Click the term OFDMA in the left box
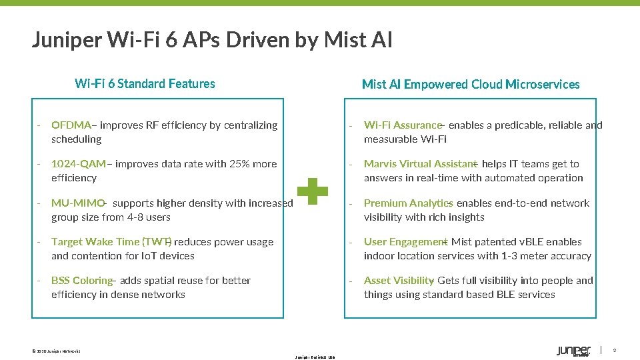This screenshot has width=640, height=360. [x=71, y=125]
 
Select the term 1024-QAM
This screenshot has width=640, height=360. [x=79, y=164]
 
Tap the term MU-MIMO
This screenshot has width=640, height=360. [x=78, y=203]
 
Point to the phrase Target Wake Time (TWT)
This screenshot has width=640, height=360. [x=111, y=242]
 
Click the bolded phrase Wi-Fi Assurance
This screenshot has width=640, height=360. [x=403, y=125]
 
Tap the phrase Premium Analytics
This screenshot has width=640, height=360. [x=408, y=203]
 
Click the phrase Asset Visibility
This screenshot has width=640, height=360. [x=399, y=281]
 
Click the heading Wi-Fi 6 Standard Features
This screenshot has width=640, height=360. [x=145, y=84]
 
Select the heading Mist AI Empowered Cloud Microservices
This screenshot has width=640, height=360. [x=471, y=85]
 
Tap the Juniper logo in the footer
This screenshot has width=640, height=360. [x=573, y=351]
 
